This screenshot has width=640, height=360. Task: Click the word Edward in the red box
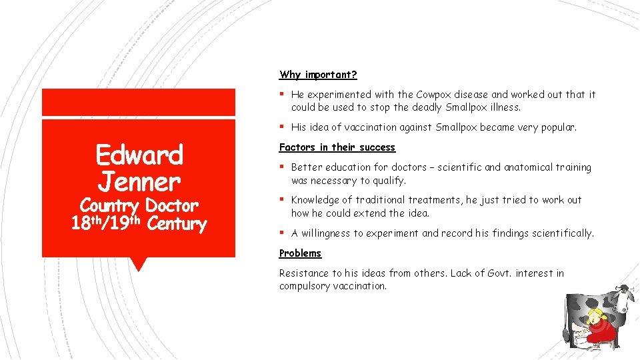[139, 155]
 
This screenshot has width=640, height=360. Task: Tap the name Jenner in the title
[139, 181]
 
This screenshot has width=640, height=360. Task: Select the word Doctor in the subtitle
[171, 205]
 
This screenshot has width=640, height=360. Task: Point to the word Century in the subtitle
[177, 224]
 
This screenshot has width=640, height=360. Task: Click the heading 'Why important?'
[318, 75]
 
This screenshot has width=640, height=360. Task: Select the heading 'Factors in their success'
[337, 147]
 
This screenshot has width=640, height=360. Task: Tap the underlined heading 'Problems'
[300, 253]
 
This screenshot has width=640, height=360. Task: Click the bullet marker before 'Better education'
[283, 167]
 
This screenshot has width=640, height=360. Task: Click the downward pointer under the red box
[139, 264]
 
